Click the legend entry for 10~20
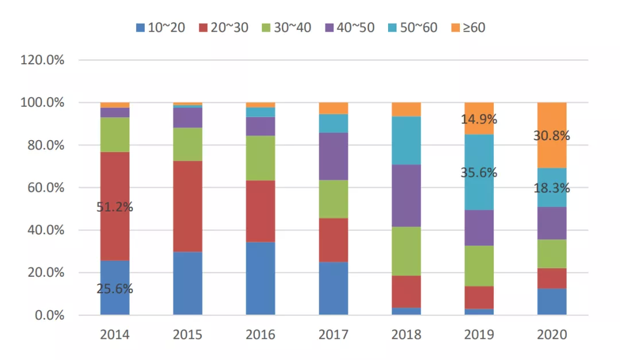[160, 28]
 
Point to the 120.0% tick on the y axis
[42, 60]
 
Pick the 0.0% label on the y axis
[48, 315]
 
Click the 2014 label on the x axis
[115, 335]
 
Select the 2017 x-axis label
[334, 335]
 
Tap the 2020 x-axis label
[552, 335]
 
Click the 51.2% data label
[115, 207]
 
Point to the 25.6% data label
[115, 289]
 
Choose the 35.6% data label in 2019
[479, 173]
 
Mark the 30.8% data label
[552, 136]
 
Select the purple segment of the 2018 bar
[406, 196]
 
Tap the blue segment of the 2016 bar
[261, 278]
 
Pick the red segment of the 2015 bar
[188, 206]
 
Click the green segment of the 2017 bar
[334, 199]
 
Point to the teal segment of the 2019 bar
[479, 189]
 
